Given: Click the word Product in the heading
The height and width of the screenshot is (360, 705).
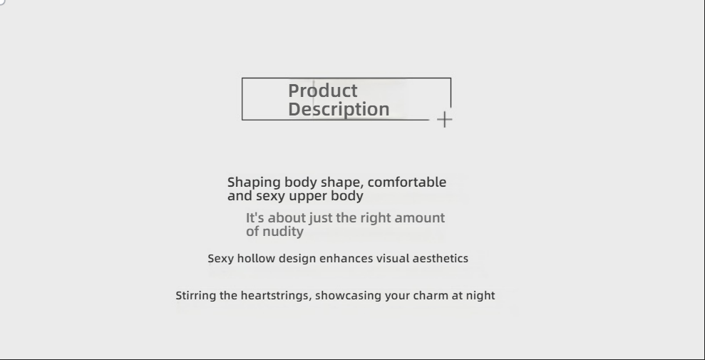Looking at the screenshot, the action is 323,91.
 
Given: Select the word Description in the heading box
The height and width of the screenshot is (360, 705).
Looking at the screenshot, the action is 339,109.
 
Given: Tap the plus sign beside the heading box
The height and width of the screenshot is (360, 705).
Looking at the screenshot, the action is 444,120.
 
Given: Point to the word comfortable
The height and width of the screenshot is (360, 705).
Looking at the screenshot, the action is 407,182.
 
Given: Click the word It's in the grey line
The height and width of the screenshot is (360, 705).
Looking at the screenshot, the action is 255,218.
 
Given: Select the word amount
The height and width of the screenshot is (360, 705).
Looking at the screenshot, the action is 419,218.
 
